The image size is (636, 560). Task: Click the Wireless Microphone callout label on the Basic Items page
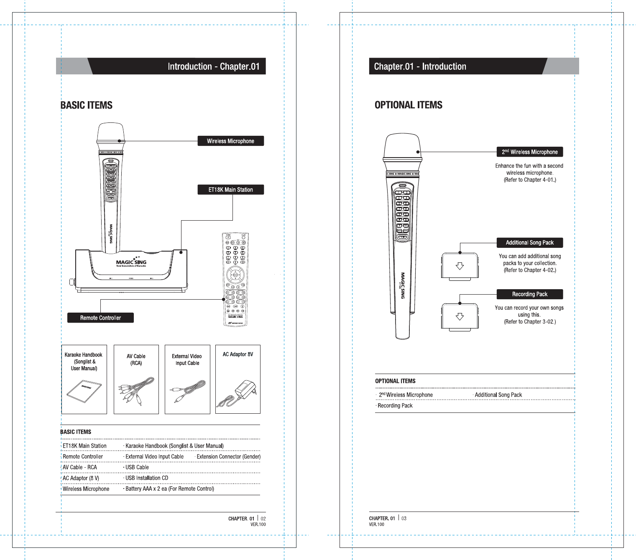click(x=230, y=141)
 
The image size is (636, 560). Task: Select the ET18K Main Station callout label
click(x=230, y=190)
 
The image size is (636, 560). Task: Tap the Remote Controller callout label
click(x=100, y=318)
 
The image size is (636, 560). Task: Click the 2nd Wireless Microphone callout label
click(x=529, y=152)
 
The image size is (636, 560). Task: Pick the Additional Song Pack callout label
click(x=529, y=243)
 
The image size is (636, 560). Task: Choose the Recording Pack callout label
click(x=529, y=294)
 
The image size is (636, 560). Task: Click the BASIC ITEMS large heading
click(x=87, y=105)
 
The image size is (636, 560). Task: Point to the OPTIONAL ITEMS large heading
click(x=409, y=105)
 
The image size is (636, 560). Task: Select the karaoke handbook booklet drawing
click(x=84, y=391)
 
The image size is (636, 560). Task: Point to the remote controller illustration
click(x=235, y=279)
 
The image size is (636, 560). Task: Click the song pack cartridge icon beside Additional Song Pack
click(x=460, y=266)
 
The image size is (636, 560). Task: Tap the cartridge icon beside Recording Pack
click(x=460, y=317)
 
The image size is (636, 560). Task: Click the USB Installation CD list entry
click(x=147, y=478)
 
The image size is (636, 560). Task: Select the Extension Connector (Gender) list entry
click(x=228, y=457)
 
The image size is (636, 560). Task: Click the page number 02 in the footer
click(x=263, y=519)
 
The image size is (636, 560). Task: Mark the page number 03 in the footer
click(x=404, y=518)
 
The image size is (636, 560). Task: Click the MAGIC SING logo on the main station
click(x=131, y=262)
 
